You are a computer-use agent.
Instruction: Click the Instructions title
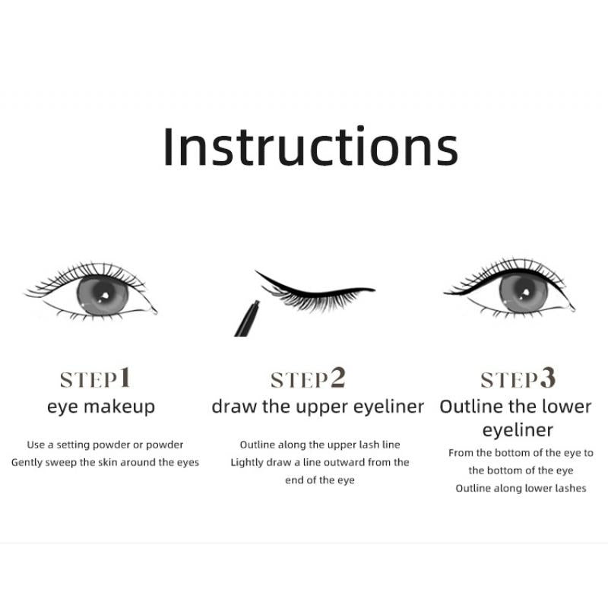pyautogui.click(x=311, y=146)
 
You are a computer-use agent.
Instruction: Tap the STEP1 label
pyautogui.click(x=96, y=378)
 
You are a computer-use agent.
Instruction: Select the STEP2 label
pyautogui.click(x=308, y=378)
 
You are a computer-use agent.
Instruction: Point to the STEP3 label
pyautogui.click(x=518, y=378)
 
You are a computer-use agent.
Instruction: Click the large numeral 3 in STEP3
pyautogui.click(x=548, y=378)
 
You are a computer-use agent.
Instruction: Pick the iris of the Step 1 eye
pyautogui.click(x=103, y=296)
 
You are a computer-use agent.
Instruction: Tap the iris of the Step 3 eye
pyautogui.click(x=524, y=292)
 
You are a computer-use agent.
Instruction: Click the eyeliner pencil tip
pyautogui.click(x=256, y=302)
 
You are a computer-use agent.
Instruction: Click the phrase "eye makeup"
pyautogui.click(x=101, y=407)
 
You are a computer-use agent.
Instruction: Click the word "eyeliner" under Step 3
pyautogui.click(x=518, y=430)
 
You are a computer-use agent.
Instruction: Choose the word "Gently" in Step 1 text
pyautogui.click(x=27, y=463)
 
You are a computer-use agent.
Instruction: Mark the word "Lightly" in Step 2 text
pyautogui.click(x=246, y=463)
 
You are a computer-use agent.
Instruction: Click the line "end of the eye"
pyautogui.click(x=320, y=480)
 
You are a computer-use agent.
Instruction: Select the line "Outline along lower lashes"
pyautogui.click(x=521, y=488)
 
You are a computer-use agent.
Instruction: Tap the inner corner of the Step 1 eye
pyautogui.click(x=154, y=311)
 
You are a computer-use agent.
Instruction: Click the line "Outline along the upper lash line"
pyautogui.click(x=320, y=445)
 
